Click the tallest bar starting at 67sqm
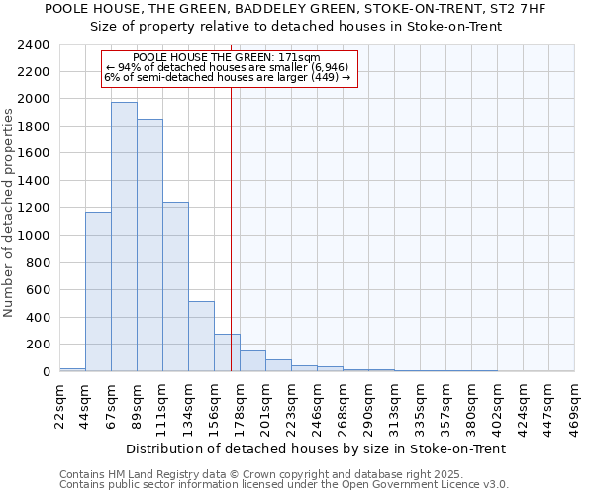coord(124,238)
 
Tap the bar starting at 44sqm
coord(98,292)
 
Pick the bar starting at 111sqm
coord(175,287)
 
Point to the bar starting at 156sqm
coord(227,352)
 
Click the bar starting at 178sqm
coord(252,361)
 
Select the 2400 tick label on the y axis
coord(34,45)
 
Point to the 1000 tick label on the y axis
coord(34,236)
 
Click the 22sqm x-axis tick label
coord(59,402)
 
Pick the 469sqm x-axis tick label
coord(574,405)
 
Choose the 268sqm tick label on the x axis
coord(343,405)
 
